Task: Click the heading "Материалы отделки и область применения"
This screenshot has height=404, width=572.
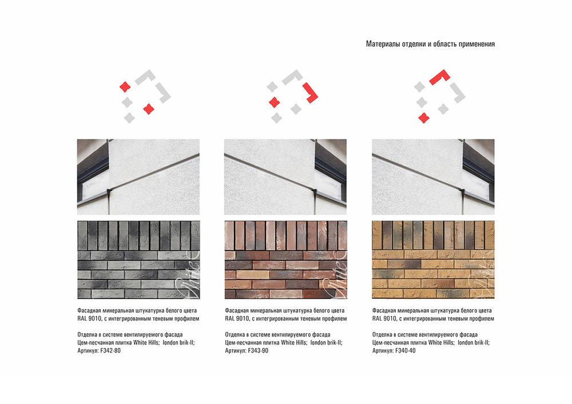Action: coord(430,44)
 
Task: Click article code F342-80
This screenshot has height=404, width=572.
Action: coord(110,351)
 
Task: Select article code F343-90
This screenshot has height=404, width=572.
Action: coord(258,351)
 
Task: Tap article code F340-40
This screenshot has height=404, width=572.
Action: coord(405,351)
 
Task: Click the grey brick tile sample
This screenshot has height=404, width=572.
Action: coord(138,260)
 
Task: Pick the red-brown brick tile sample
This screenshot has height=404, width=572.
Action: coord(285,260)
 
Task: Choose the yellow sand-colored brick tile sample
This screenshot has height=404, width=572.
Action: coord(433,260)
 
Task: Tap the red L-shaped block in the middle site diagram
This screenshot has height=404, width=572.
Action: coord(311,94)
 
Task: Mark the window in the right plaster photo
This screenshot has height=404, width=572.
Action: coord(478,172)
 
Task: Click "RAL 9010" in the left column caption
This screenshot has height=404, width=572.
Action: coord(89,319)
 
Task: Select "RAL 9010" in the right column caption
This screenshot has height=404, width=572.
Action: coord(384,319)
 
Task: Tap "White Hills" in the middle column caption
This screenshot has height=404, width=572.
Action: coord(294,343)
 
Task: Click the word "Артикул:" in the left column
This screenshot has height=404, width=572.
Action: coord(88,351)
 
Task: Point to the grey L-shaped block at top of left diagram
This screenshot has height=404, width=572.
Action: coord(146,77)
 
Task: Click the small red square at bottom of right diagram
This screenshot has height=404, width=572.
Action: coord(423,118)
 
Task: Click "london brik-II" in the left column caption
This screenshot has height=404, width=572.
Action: coord(178,343)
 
